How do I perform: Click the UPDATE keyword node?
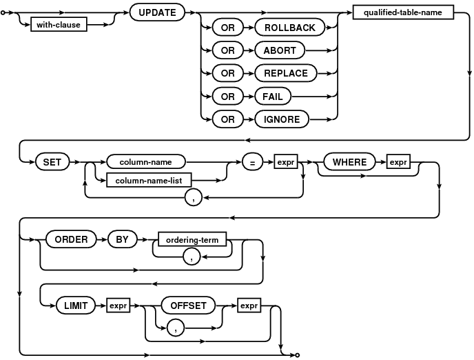click(157, 12)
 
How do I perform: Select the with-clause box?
click(59, 25)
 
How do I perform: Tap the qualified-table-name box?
click(403, 12)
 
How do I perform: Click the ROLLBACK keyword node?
click(290, 28)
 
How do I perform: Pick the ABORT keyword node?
click(280, 50)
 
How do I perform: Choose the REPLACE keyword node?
click(286, 73)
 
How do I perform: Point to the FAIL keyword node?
click(273, 97)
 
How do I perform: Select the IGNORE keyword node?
click(282, 119)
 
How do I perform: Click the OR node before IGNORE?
click(227, 119)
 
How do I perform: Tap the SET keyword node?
click(52, 162)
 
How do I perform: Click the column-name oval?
click(146, 162)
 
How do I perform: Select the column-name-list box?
click(149, 181)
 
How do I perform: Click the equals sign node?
click(252, 162)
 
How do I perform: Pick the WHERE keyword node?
click(349, 162)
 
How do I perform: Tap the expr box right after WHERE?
click(398, 162)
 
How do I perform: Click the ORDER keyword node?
click(72, 239)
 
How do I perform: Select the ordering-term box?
click(192, 239)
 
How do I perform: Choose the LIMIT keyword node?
click(76, 306)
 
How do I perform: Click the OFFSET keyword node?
click(188, 306)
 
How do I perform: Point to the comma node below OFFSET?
click(176, 328)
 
